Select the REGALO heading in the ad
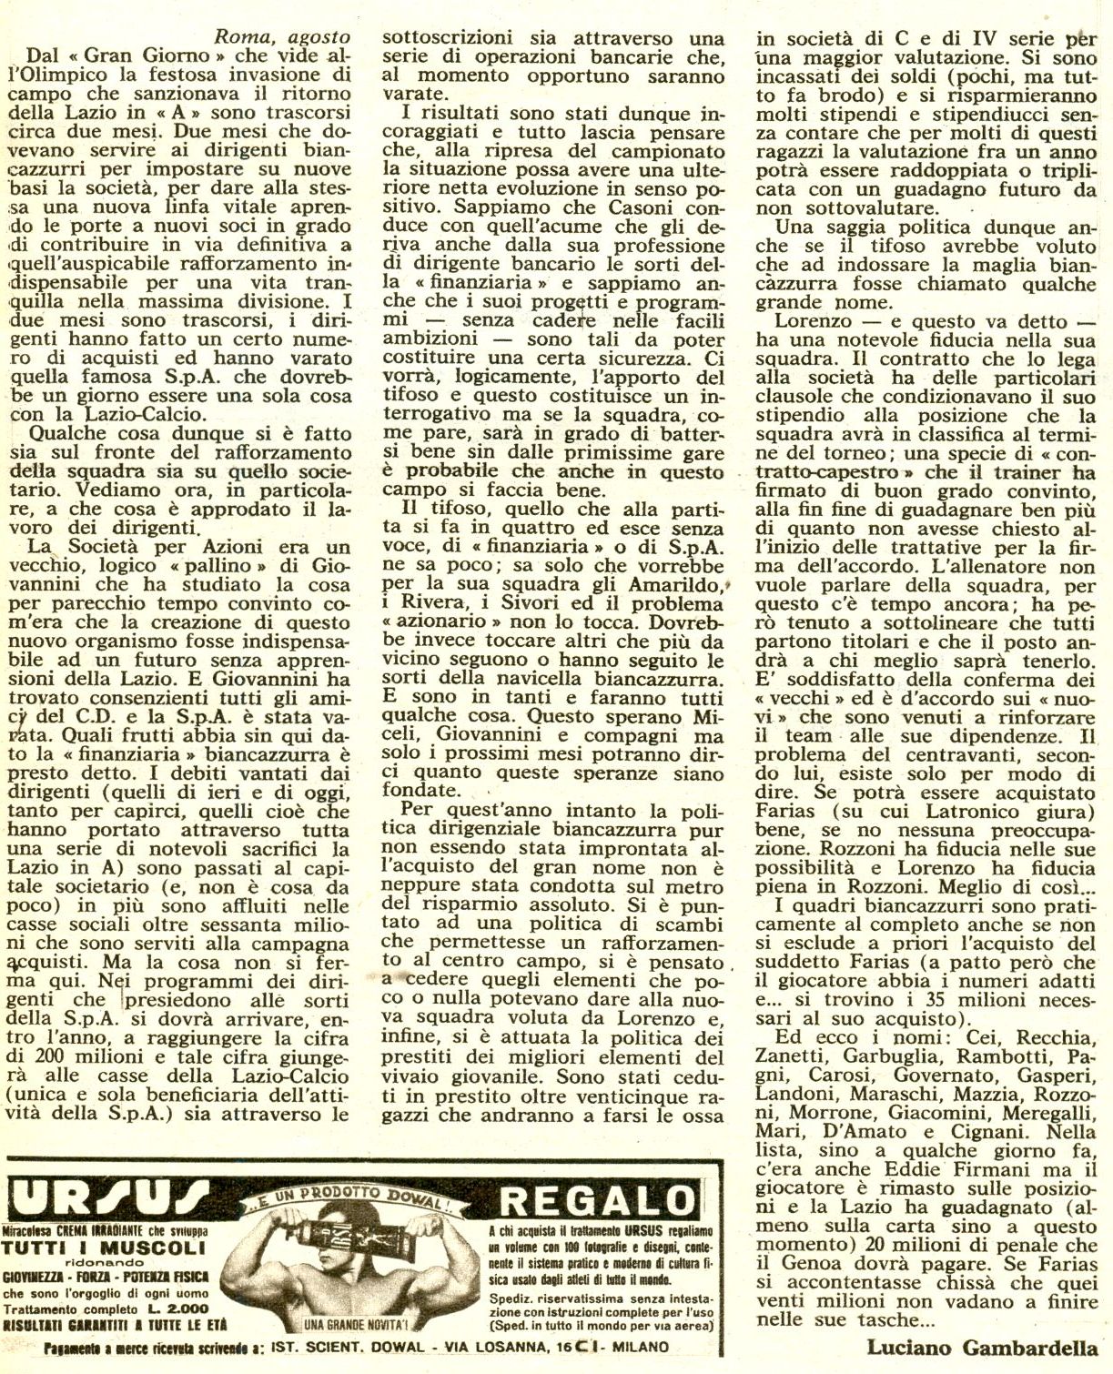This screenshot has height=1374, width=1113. point(597,1198)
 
